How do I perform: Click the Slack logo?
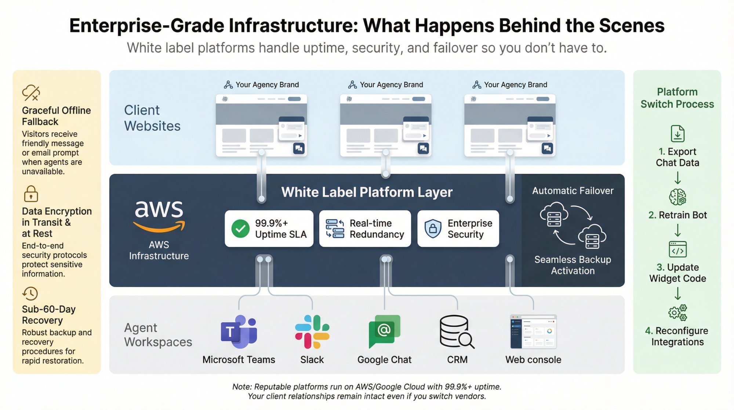312,332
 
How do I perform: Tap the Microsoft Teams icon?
239,332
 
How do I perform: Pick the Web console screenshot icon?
533,332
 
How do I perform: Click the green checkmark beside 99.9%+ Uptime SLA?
240,229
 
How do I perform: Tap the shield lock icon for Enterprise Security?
433,229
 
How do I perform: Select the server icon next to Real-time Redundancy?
335,229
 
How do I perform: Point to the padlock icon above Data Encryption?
31,194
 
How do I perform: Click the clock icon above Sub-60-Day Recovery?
30,294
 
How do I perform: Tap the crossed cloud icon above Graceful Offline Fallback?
31,93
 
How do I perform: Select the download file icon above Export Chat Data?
677,134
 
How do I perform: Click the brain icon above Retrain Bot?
677,197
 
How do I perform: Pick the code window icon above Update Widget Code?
677,249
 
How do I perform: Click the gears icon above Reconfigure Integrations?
677,313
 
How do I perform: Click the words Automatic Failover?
573,191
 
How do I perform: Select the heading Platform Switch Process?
677,98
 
